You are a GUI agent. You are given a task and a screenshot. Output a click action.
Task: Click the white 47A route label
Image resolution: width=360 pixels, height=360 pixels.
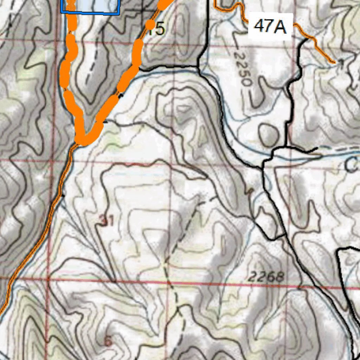(270, 26)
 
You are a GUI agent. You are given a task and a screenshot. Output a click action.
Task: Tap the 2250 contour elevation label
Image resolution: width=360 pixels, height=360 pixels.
(243, 69)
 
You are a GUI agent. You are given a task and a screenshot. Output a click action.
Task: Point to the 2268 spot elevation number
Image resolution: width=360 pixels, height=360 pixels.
(265, 277)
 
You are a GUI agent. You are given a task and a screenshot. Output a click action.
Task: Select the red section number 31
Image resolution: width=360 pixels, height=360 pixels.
(106, 220)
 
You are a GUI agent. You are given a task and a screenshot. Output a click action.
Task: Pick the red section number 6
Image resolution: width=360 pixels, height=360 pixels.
(108, 341)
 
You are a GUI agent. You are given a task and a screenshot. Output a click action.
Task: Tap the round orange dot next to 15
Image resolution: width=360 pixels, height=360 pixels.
(150, 24)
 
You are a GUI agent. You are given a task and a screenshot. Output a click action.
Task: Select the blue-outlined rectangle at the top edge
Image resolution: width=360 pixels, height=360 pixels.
(90, 6)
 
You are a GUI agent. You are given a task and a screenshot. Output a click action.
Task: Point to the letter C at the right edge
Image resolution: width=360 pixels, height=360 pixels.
(352, 165)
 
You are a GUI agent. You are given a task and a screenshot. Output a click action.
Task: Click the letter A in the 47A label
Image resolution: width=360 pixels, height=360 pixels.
(280, 26)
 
